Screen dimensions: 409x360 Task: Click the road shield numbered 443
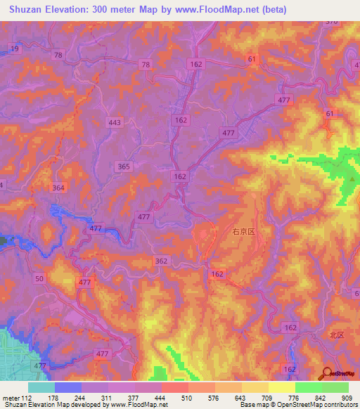[x=115, y=122]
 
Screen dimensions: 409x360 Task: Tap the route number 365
[x=124, y=166]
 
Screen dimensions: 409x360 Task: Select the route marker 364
[x=58, y=188]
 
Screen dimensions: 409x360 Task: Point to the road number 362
[x=161, y=261]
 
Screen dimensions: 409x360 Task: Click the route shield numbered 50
[x=39, y=280]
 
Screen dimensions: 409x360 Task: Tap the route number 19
[x=15, y=48]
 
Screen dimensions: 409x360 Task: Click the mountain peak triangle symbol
[x=352, y=180]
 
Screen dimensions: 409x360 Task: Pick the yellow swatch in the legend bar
[x=281, y=387]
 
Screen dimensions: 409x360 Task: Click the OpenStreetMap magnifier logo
[x=327, y=375]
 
